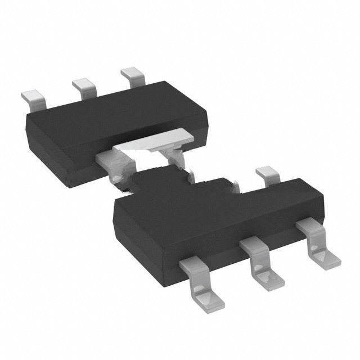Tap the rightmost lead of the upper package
click(133, 75)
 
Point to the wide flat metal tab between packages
click(152, 141)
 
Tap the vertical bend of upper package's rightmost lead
click(138, 82)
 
